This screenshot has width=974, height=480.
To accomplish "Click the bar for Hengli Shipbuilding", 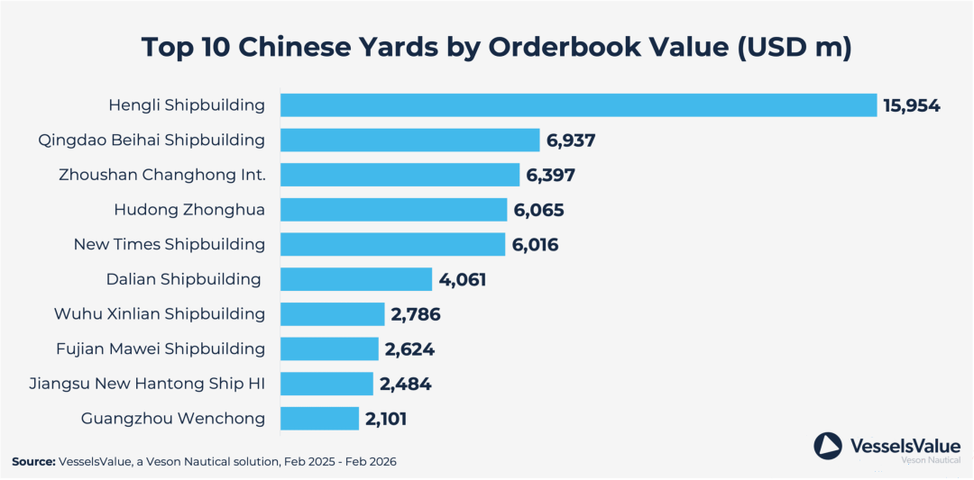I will coord(578,105).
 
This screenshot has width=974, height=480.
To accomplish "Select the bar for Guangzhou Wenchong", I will coord(319,418).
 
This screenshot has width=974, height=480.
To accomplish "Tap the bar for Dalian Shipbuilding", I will coord(356,279).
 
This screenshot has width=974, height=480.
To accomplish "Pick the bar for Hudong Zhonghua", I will coord(393,210).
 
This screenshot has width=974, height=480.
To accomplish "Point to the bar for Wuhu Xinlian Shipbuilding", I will coord(332,314).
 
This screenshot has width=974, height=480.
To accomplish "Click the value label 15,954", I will coord(912,106).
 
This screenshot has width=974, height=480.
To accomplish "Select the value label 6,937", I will coord(571,140).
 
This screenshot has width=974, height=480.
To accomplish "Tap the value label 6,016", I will coord(535,245).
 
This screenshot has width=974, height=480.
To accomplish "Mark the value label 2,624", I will coord(409,349).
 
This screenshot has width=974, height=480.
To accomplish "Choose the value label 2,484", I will coord(405,385).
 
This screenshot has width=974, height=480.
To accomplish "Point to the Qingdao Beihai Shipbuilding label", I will coord(152,140).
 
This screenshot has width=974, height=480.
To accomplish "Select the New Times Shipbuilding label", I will coord(170,244).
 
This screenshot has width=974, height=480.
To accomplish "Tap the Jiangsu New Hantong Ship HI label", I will coord(147,384).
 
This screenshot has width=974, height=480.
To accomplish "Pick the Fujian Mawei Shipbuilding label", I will coord(159,349).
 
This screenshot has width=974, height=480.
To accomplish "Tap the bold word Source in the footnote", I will coord(32,461).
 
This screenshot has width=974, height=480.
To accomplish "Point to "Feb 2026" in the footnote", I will coord(372,461).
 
